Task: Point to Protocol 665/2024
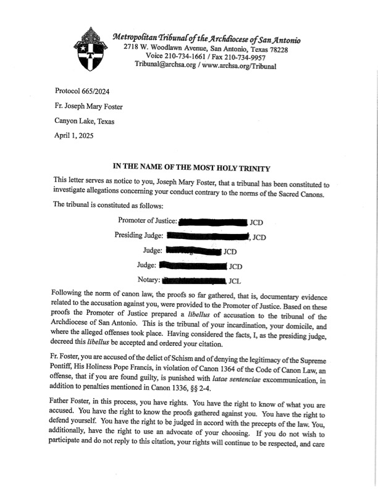pyautogui.click(x=82, y=91)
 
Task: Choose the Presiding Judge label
pyautogui.click(x=139, y=235)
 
